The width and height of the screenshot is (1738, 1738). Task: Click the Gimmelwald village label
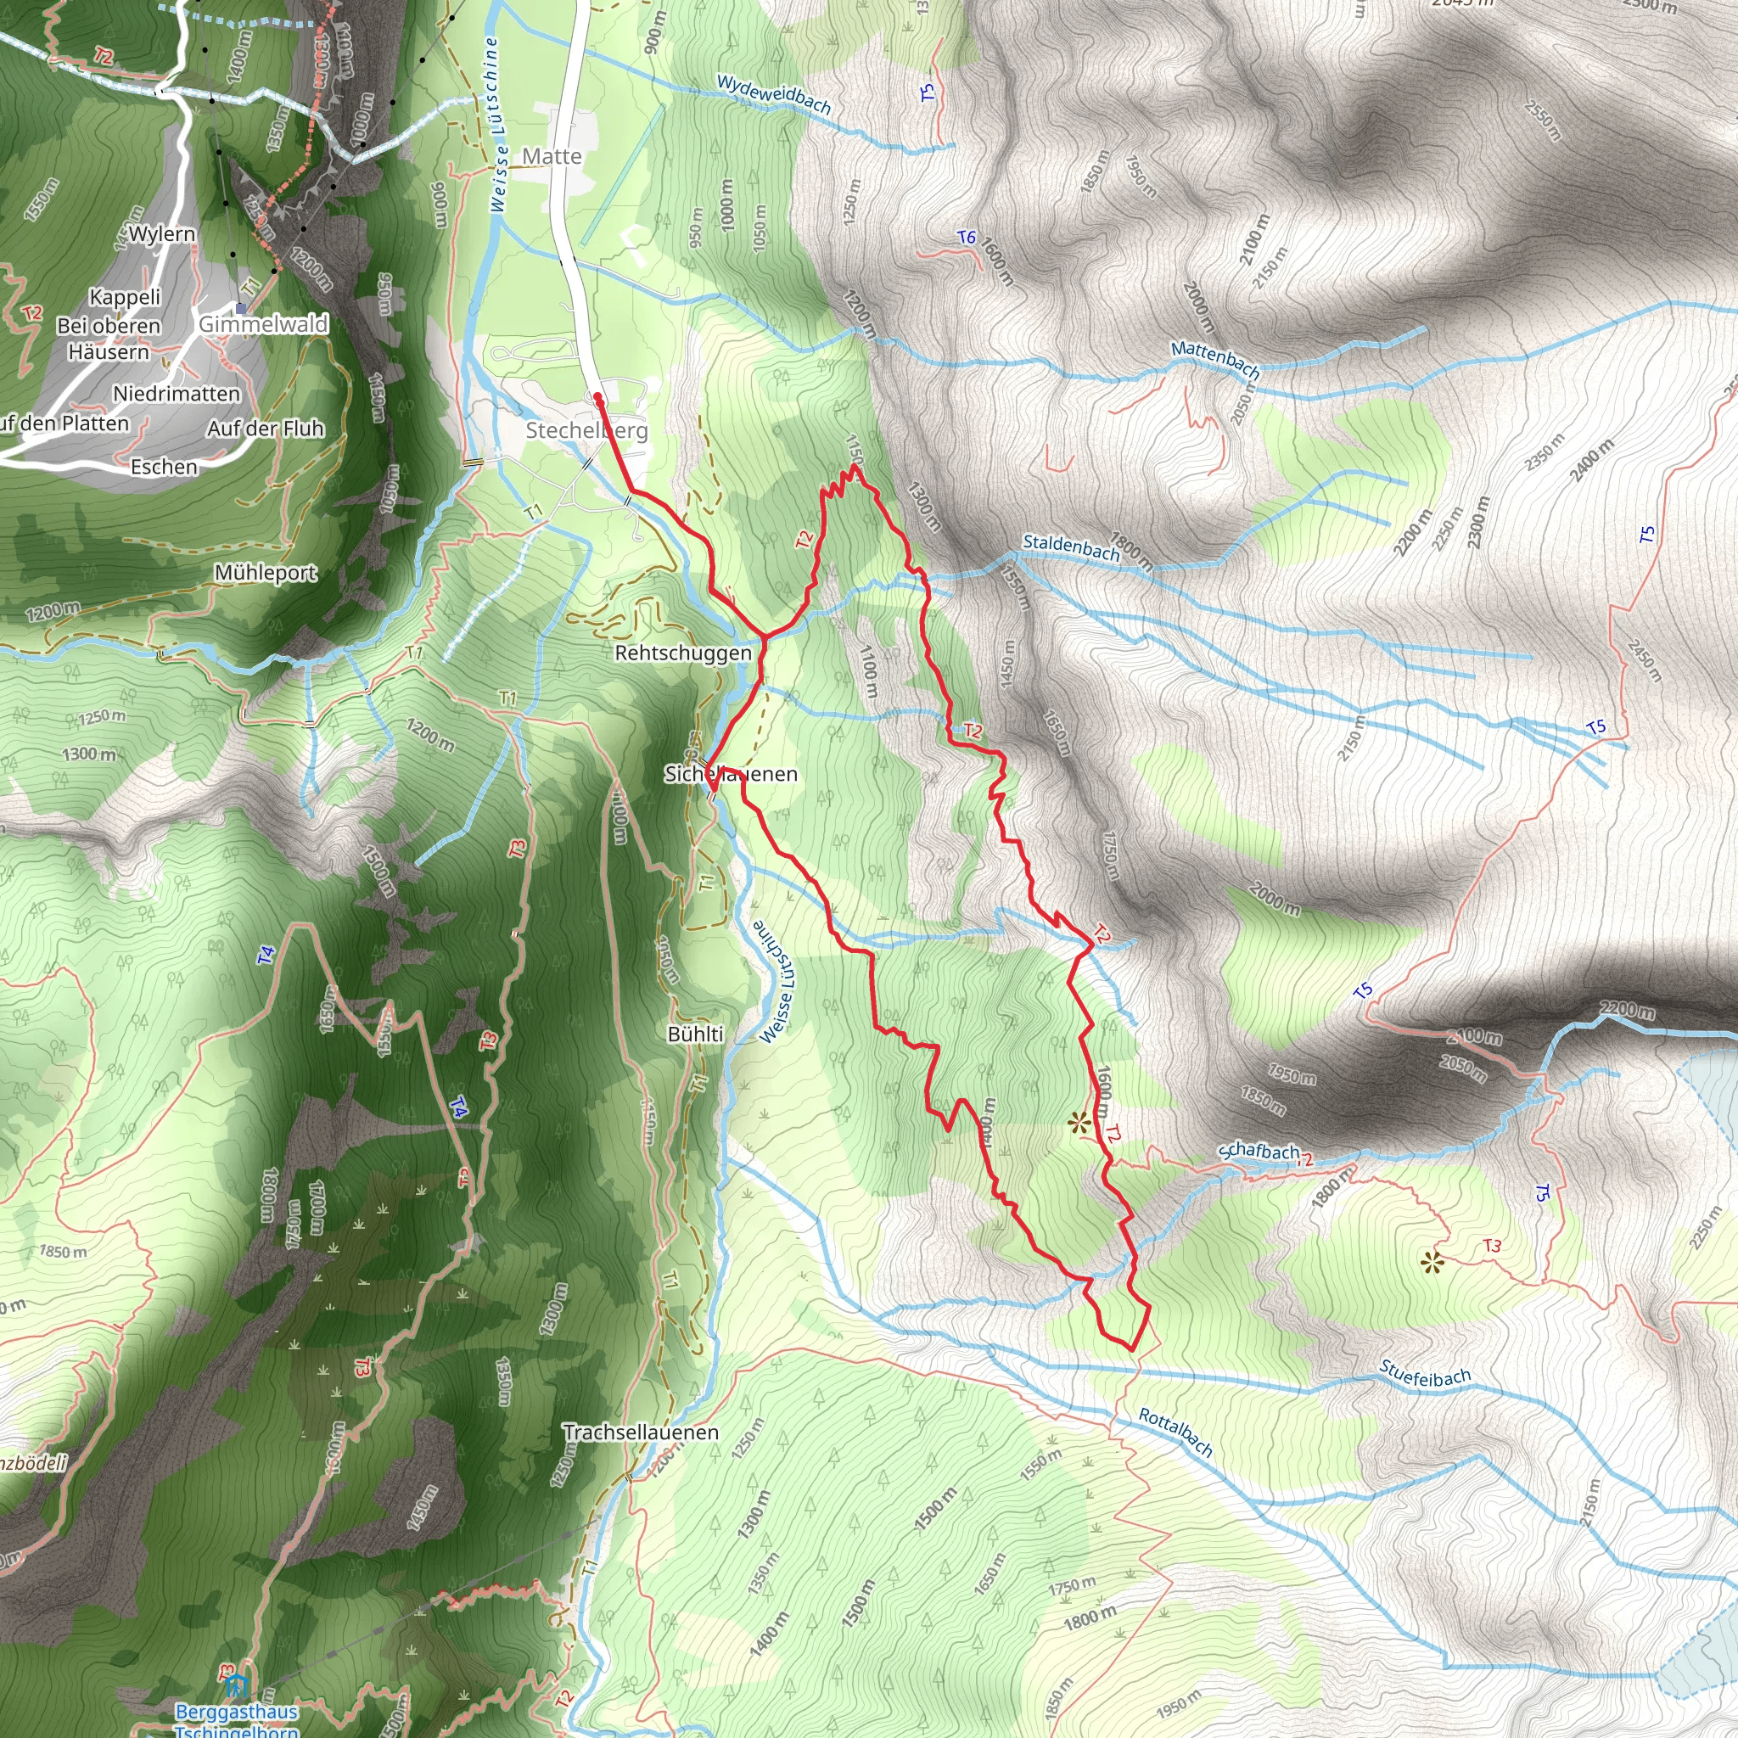coord(264,324)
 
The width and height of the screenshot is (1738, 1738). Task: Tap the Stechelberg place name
coord(586,430)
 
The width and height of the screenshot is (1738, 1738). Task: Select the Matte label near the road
coord(552,156)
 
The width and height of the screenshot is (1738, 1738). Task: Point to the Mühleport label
coord(266,573)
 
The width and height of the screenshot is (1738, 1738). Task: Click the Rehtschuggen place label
coord(683,653)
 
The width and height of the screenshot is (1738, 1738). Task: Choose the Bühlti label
coord(695,1034)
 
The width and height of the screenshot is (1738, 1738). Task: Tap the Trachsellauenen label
coord(641,1432)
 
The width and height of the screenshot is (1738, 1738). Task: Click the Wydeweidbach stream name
coord(774,94)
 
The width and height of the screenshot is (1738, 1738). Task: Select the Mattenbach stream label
coord(1215,358)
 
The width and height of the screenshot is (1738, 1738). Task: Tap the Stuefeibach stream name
coord(1425,1374)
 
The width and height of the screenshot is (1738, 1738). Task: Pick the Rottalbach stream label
coord(1175,1432)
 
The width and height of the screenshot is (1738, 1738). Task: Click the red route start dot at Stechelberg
coord(597,395)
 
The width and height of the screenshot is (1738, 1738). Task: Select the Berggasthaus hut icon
coord(236,1684)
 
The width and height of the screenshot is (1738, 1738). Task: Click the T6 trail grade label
coord(966,238)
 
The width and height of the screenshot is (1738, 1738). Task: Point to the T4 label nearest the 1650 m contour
coord(266,956)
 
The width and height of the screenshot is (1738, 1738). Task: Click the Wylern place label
coord(162,234)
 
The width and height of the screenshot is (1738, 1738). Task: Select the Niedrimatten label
coord(177,394)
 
